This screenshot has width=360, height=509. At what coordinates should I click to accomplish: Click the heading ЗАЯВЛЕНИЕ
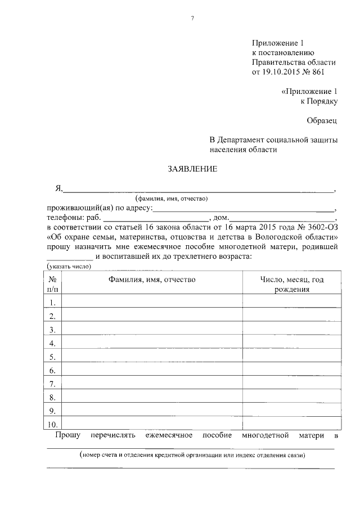[x=192, y=169]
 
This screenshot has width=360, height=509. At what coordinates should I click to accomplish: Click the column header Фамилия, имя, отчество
[x=152, y=280]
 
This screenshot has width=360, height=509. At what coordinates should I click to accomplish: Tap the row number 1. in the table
[x=52, y=303]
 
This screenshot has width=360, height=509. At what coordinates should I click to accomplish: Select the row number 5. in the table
[x=52, y=357]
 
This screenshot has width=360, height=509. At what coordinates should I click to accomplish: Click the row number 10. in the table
[x=52, y=424]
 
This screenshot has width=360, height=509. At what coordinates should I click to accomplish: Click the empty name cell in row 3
[x=152, y=330]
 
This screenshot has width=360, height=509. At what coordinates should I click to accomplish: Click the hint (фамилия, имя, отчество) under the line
[x=172, y=199]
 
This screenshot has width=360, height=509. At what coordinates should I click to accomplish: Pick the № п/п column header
[x=52, y=284]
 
